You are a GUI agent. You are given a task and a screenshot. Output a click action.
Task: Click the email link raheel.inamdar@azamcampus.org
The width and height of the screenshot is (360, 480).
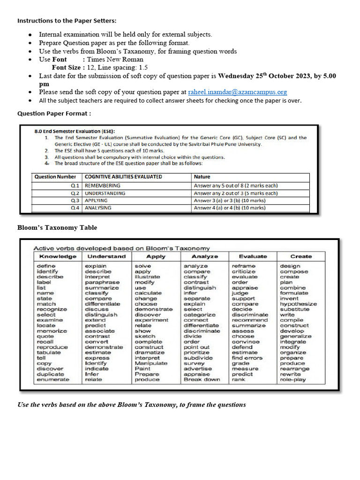pyautogui.click(x=237, y=92)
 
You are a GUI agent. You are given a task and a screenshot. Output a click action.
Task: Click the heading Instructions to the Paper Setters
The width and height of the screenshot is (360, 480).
pyautogui.click(x=67, y=21)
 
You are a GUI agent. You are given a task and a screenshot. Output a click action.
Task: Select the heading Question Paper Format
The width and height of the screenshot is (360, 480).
pyautogui.click(x=54, y=113)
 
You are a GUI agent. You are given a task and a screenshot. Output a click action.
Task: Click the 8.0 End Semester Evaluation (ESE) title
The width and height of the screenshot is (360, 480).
pyautogui.click(x=75, y=131)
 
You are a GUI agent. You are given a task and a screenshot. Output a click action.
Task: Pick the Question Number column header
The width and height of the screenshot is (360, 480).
pyautogui.click(x=55, y=177)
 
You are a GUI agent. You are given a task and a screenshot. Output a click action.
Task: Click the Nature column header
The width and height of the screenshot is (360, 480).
pyautogui.click(x=202, y=177)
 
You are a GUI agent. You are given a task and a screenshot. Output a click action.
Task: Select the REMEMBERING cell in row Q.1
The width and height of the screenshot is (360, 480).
pyautogui.click(x=102, y=186)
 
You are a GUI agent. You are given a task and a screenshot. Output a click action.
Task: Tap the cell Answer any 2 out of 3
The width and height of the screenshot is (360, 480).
pyautogui.click(x=236, y=193)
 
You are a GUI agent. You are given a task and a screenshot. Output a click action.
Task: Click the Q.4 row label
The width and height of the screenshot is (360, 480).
pyautogui.click(x=75, y=208)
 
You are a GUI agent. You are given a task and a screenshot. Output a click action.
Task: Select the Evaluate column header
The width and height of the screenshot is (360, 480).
pyautogui.click(x=253, y=256)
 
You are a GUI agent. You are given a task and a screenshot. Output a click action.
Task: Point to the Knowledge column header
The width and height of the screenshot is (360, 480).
pyautogui.click(x=58, y=256)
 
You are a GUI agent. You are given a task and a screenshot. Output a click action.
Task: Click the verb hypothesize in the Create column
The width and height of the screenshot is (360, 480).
pyautogui.click(x=298, y=304)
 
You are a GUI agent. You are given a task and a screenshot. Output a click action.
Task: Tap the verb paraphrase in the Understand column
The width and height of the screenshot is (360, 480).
pyautogui.click(x=102, y=283)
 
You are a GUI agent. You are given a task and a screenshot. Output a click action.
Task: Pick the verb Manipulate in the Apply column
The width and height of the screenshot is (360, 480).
pyautogui.click(x=151, y=363)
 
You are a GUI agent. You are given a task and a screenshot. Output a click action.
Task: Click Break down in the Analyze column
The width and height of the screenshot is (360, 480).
pyautogui.click(x=202, y=379)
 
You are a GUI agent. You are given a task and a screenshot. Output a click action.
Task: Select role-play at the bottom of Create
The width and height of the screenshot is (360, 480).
pyautogui.click(x=292, y=379)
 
